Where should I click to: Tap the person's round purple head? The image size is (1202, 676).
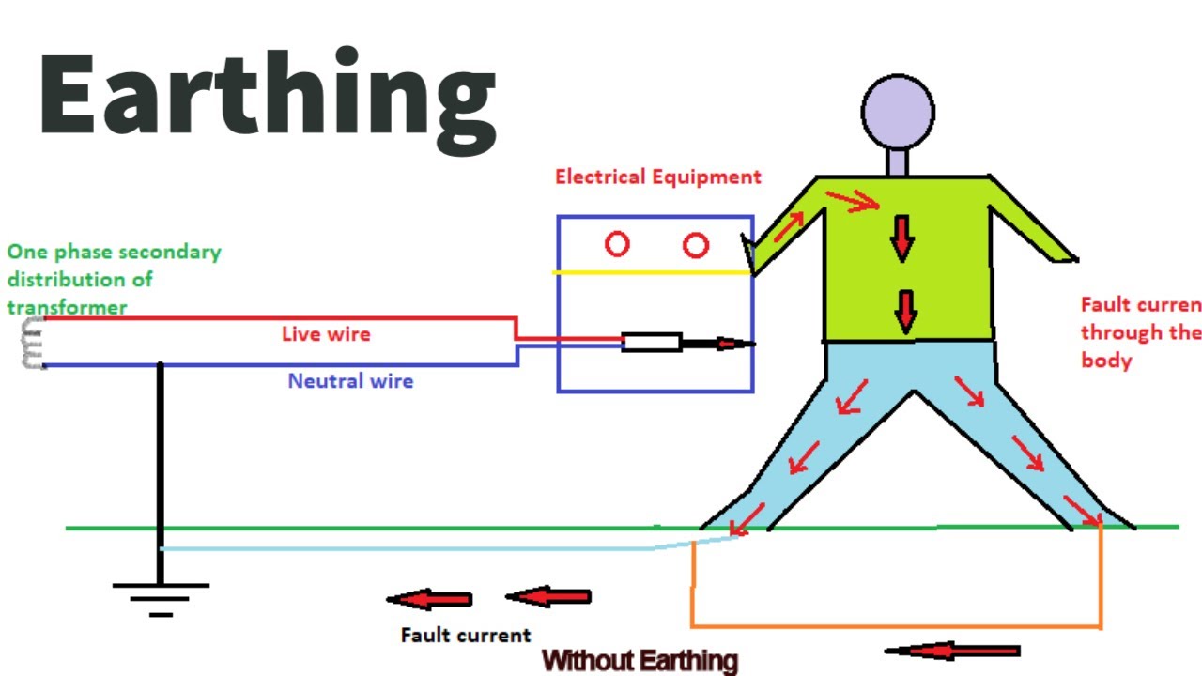pos(898,111)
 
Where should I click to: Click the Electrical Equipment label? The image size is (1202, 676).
pos(657,177)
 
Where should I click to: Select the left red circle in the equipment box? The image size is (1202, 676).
pos(616,245)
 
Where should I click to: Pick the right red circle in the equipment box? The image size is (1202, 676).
pos(695,246)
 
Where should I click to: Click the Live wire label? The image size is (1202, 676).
pos(326,334)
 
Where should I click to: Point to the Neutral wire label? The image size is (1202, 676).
pos(350,381)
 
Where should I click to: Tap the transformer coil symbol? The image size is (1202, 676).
pos(33,343)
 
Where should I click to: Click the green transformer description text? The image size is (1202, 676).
pos(113,279)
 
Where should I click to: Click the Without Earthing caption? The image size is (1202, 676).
pos(640,661)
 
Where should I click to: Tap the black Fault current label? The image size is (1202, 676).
pos(466,636)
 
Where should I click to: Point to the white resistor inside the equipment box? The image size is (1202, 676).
pos(651,343)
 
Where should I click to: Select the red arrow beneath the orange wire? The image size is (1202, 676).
pos(952,651)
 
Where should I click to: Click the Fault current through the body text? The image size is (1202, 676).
pos(1140,332)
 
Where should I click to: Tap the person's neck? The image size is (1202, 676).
pos(898,162)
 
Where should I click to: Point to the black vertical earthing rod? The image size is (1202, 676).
pos(161,469)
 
